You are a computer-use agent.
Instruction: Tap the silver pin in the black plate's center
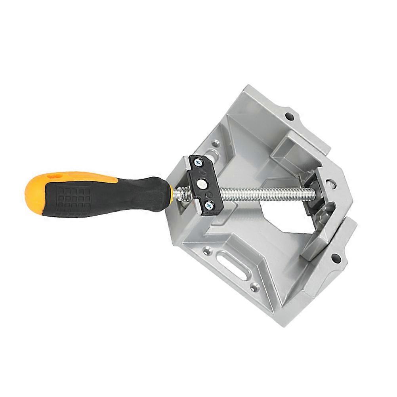[204, 183]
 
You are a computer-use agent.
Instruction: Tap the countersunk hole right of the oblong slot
[253, 284]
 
